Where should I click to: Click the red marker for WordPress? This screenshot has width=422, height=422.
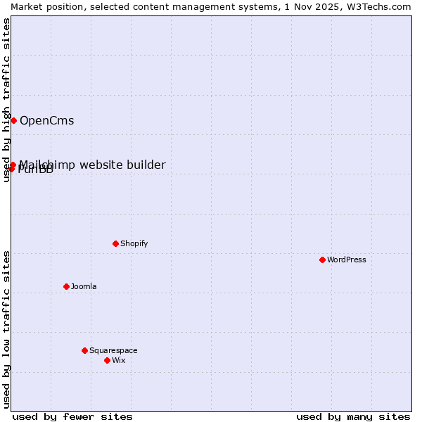(322, 260)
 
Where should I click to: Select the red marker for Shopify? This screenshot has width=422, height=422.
(115, 243)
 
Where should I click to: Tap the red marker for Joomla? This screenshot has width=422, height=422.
(66, 286)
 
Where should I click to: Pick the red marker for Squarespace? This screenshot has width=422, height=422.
(84, 350)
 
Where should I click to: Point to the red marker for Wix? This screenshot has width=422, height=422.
(107, 360)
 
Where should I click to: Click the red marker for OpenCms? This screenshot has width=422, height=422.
(13, 120)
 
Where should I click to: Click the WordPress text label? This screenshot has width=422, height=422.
(347, 260)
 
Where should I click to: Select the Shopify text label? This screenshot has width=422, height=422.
(134, 243)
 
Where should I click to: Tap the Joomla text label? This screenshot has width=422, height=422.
(84, 286)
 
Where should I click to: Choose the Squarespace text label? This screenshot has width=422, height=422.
(113, 350)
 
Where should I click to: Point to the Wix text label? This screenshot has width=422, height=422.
(118, 360)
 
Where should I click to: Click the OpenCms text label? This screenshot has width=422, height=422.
(46, 120)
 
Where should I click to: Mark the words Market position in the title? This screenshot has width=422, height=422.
(43, 6)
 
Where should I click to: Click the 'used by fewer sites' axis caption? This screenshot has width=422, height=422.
(72, 416)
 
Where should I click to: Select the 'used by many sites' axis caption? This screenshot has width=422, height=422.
(353, 416)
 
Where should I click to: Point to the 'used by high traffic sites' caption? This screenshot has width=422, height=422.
(6, 100)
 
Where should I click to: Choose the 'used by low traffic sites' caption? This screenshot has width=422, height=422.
(6, 328)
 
